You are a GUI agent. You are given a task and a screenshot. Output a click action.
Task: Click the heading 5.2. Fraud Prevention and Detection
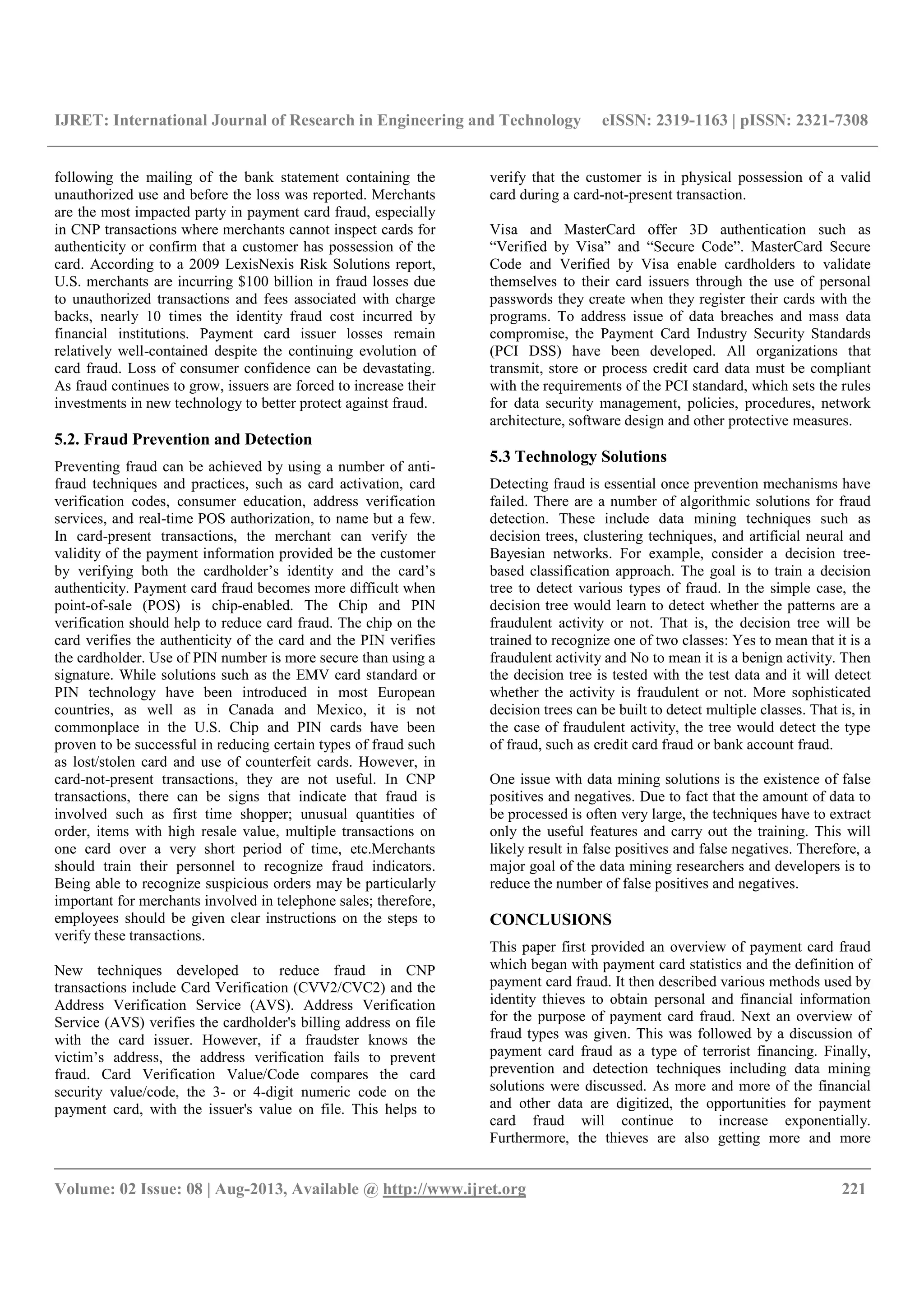[183, 439]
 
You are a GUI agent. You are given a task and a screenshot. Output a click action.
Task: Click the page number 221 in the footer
[854, 1188]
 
